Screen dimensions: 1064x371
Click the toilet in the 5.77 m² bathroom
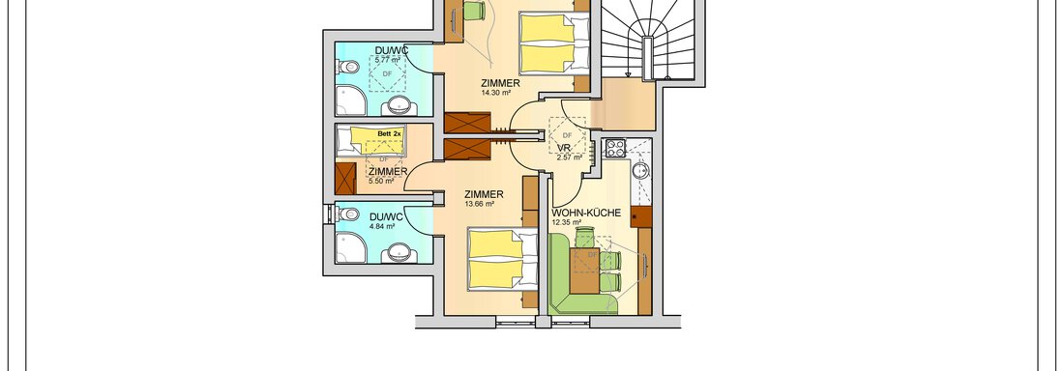tap(348, 67)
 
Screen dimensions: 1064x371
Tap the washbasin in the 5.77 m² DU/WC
tap(396, 106)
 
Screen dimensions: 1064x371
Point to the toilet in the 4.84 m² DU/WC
tap(348, 214)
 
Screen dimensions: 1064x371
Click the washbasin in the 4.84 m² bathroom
tap(396, 254)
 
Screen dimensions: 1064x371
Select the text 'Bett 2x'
tap(390, 134)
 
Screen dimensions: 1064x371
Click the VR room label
tap(564, 148)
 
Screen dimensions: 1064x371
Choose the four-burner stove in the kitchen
tap(615, 148)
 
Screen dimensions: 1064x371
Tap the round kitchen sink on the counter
tap(640, 170)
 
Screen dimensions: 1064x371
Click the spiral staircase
tap(649, 40)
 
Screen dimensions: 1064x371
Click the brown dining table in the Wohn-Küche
tap(584, 271)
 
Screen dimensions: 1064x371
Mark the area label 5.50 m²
tap(381, 181)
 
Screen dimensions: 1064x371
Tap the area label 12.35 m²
tap(567, 222)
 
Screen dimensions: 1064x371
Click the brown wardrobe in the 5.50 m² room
tap(345, 178)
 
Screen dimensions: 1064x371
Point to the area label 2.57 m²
tap(570, 157)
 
